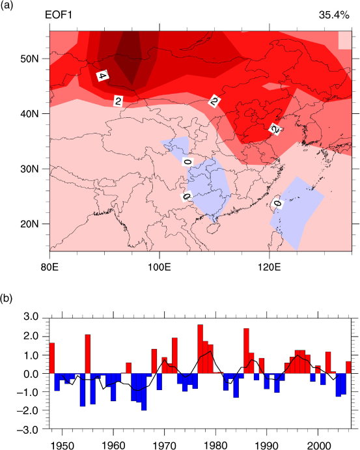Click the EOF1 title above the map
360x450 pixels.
tap(58, 15)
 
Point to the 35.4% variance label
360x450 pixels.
tap(334, 15)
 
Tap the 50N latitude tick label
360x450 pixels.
tap(29, 59)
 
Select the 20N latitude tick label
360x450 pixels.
tap(29, 224)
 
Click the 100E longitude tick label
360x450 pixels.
tap(159, 268)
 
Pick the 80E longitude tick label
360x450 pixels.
tap(50, 268)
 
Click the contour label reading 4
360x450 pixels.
tap(102, 76)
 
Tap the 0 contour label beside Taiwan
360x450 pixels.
tap(277, 204)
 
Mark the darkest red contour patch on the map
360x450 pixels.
tap(128, 57)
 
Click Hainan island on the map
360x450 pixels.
tap(212, 229)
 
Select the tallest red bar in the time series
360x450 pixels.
tap(201, 349)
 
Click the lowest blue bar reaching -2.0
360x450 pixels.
tap(144, 392)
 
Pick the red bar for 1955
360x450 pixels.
tap(88, 354)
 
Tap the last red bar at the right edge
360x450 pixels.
tap(348, 367)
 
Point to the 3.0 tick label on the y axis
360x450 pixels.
tap(32, 317)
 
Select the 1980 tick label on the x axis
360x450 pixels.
tap(215, 445)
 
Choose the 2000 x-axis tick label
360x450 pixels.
tap(318, 445)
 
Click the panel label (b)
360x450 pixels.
tap(7, 298)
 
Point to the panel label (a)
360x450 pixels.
tap(7, 5)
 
